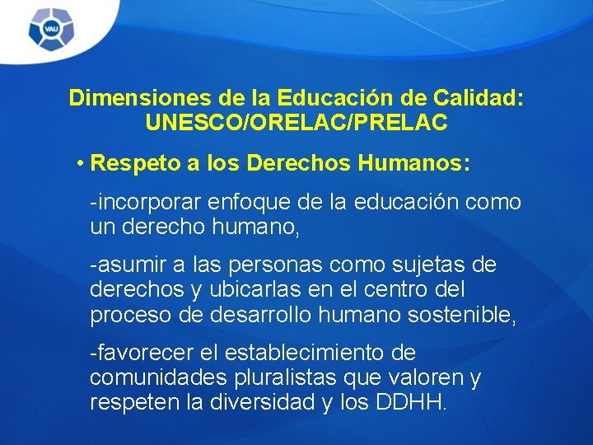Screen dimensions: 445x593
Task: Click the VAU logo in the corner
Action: tap(52, 30)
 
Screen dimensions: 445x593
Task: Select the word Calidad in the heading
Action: tap(483, 98)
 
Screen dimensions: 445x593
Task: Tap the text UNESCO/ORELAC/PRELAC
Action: tap(296, 123)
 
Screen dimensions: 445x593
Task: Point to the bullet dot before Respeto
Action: tap(81, 162)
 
